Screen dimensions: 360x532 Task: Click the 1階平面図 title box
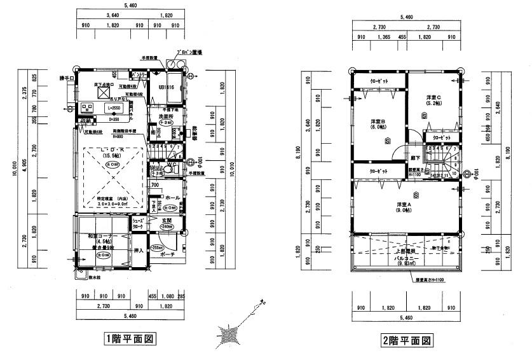[130, 340]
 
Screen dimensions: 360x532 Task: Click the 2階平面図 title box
[407, 340]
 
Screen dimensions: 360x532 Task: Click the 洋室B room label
[379, 123]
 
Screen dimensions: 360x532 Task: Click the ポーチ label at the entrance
[168, 253]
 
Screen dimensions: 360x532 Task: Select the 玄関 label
[167, 219]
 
